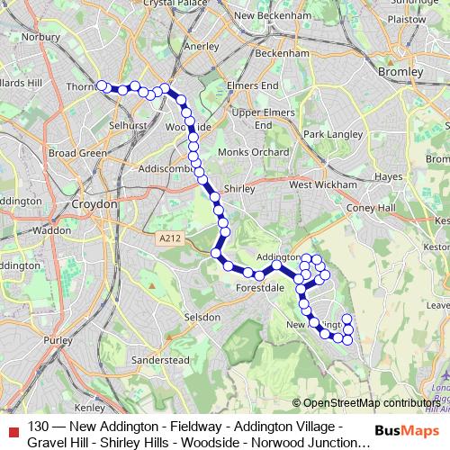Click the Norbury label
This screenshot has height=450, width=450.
(x=42, y=38)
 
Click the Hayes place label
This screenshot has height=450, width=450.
(x=388, y=176)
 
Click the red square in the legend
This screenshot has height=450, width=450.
(x=13, y=428)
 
